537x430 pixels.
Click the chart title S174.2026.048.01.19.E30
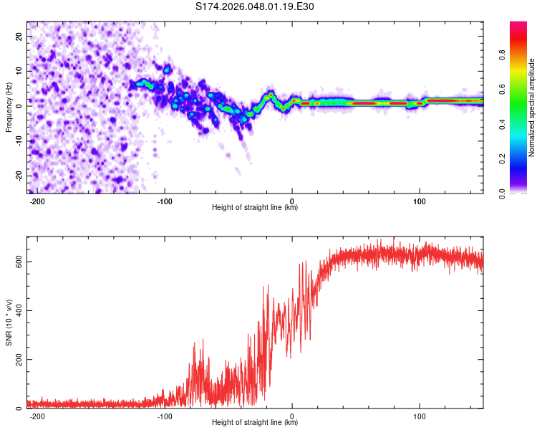(x=255, y=7)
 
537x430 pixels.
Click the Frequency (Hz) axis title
(x=9, y=105)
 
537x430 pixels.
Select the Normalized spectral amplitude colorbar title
(x=531, y=107)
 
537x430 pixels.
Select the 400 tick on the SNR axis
(x=18, y=310)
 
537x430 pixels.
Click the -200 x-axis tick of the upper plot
(x=38, y=199)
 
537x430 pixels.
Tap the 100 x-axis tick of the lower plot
(x=419, y=416)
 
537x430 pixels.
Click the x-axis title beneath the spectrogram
(x=255, y=207)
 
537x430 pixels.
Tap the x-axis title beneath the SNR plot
(x=255, y=423)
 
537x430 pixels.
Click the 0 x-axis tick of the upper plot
(x=292, y=199)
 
